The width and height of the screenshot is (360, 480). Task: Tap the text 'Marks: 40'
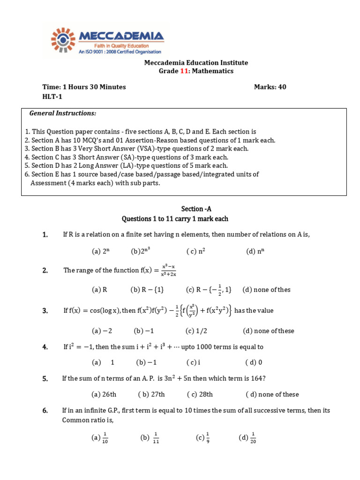[270, 87]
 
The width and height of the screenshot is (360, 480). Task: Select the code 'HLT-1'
[52, 97]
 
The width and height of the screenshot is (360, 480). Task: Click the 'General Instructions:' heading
[63, 113]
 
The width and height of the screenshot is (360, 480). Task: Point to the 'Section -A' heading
[199, 209]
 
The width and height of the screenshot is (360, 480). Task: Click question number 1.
[45, 235]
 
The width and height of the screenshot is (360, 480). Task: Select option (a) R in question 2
[99, 290]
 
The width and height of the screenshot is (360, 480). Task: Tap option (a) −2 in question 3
[102, 331]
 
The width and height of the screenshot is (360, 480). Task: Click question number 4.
[45, 347]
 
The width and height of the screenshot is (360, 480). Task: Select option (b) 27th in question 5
[151, 394]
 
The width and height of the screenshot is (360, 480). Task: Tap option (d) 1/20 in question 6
[247, 438]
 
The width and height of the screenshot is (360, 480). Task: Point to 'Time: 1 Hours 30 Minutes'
[84, 87]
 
